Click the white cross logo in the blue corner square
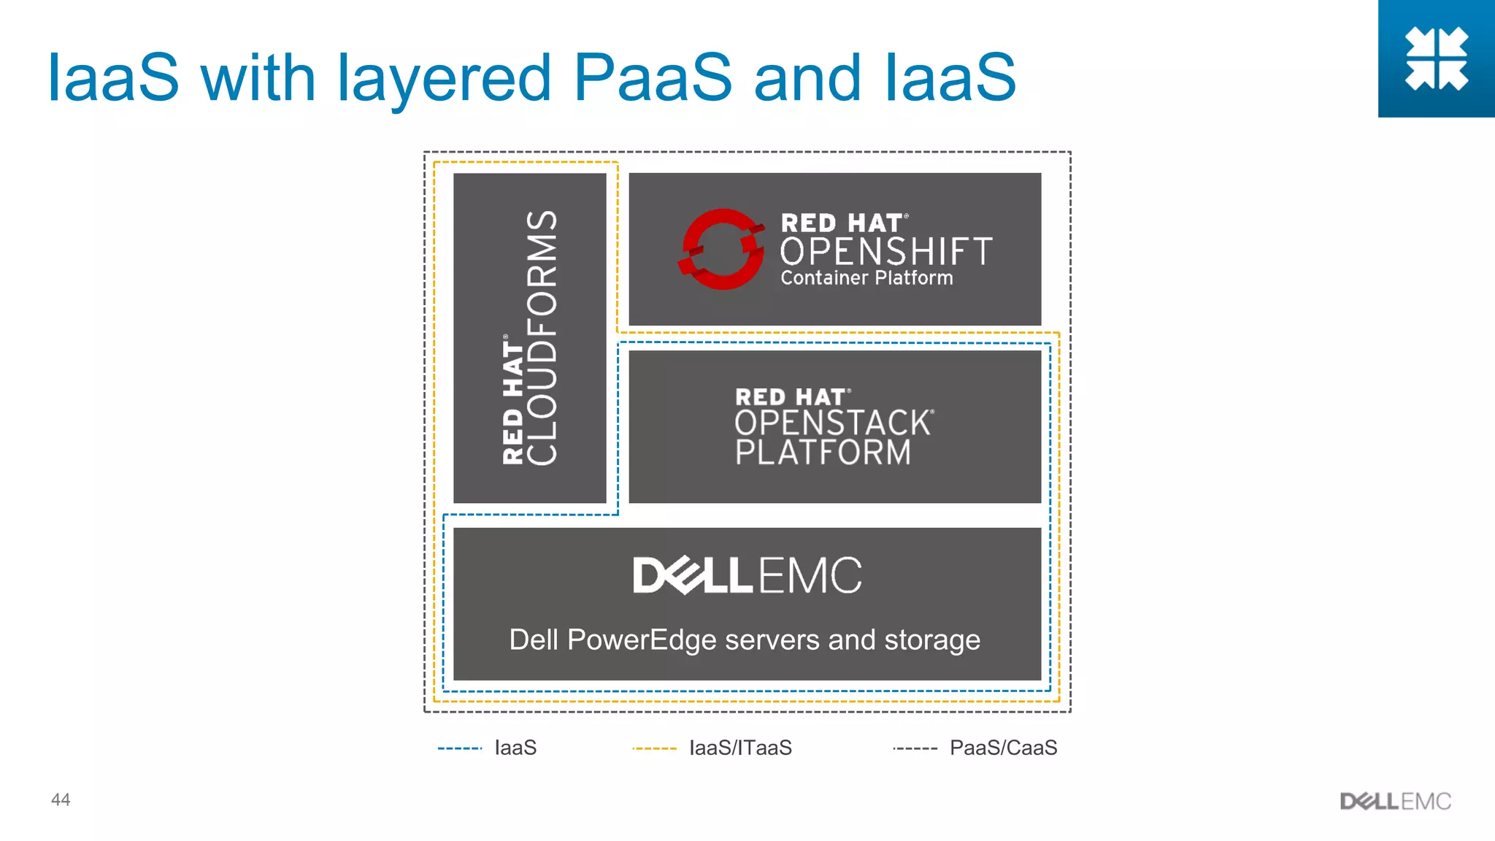coord(1436,58)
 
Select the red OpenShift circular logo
coord(722,249)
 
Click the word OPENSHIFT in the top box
coord(886,252)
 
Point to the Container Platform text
coord(866,278)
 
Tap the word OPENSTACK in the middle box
coord(833,423)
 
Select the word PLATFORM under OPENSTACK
coord(823,453)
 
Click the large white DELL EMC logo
coord(747,575)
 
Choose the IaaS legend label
coord(515,748)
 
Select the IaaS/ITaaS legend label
coord(740,748)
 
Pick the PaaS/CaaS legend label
coord(1003,748)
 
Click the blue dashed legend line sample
coord(460,748)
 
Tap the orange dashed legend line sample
coord(654,748)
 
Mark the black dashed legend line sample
coord(915,748)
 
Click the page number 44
coord(61,799)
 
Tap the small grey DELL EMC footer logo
coord(1395,802)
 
